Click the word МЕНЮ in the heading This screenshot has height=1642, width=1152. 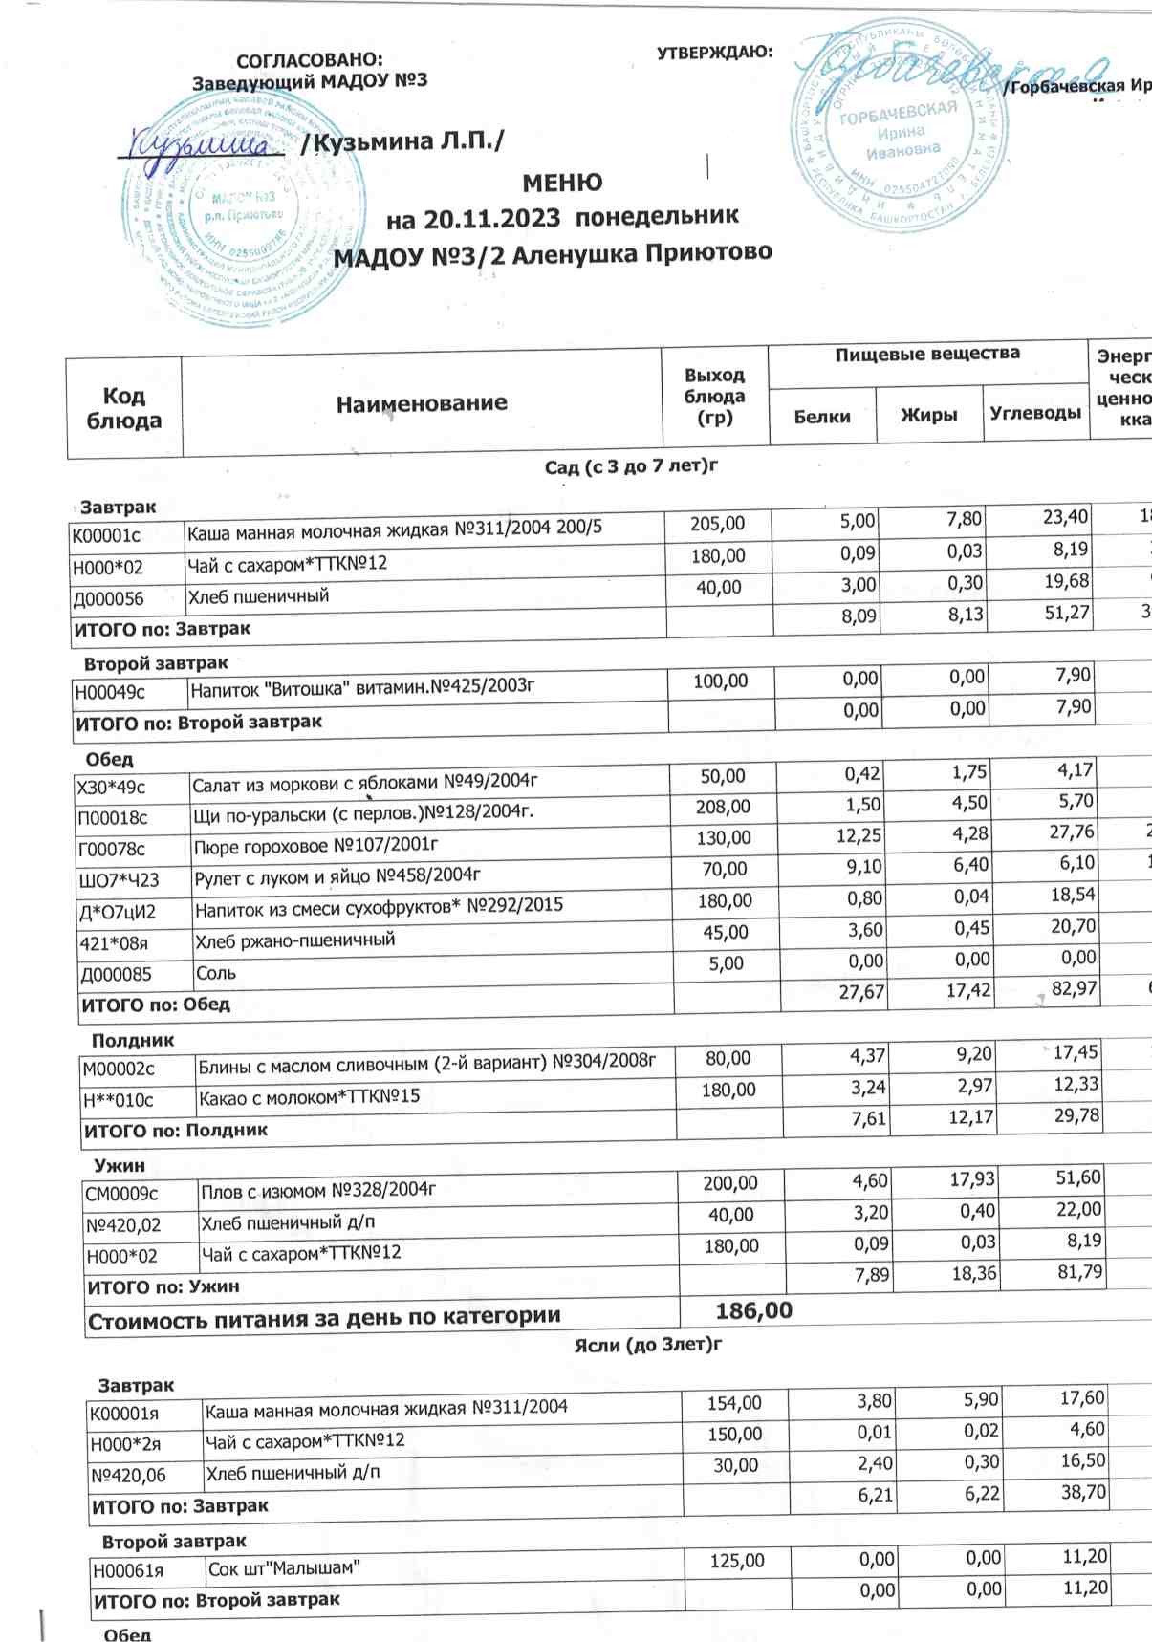[x=562, y=182]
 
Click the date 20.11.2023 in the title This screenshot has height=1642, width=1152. [x=491, y=219]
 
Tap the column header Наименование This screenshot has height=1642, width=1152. [x=422, y=403]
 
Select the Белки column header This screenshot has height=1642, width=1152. [x=822, y=416]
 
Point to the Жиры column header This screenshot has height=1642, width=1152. [x=928, y=415]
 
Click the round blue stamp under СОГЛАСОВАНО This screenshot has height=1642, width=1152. [x=247, y=210]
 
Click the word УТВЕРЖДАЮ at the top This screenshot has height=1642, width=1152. [x=715, y=53]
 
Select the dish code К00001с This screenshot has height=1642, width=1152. [x=106, y=536]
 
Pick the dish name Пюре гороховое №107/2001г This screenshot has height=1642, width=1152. [x=315, y=846]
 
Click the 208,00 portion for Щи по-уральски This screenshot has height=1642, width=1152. [x=723, y=807]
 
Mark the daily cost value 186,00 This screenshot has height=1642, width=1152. [x=753, y=1310]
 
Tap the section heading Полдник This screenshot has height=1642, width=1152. [x=133, y=1040]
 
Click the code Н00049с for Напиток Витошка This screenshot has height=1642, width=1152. [x=111, y=692]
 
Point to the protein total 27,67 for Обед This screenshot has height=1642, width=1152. [x=861, y=992]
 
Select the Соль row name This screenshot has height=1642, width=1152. [x=216, y=973]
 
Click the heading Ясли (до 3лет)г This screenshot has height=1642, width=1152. [x=647, y=1345]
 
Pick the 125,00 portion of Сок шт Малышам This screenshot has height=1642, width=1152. [x=737, y=1561]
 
